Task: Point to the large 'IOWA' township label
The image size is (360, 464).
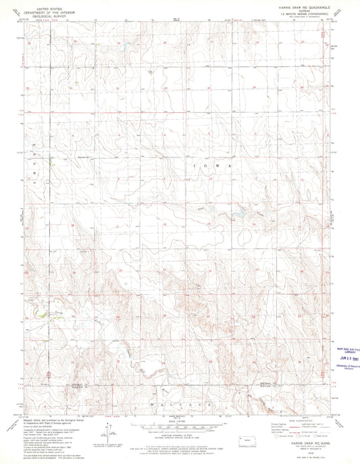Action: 212,165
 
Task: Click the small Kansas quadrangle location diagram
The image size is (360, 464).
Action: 251,442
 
